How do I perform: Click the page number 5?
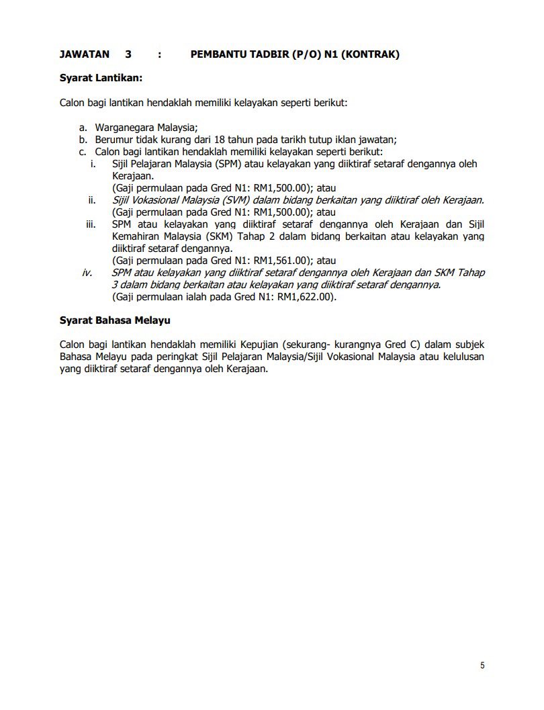tap(482, 665)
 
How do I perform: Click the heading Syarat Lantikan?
tap(101, 78)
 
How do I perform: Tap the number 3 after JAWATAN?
tap(128, 54)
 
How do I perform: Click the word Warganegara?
tap(125, 127)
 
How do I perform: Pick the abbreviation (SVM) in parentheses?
tap(232, 200)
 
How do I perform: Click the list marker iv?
tap(87, 273)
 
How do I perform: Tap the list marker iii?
tap(91, 224)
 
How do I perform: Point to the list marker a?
tap(83, 127)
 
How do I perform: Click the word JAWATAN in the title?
tap(85, 54)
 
